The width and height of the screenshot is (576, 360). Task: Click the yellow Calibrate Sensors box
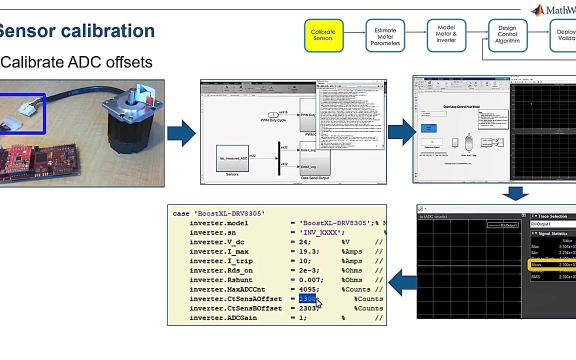coord(323,35)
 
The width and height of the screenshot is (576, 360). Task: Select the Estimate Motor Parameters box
coord(385,36)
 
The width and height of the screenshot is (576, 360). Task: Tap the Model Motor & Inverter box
coord(446,34)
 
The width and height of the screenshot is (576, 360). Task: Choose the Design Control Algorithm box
coord(507,35)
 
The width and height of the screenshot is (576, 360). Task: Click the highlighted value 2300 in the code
coord(307,299)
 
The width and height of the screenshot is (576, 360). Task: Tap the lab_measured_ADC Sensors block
coord(232,158)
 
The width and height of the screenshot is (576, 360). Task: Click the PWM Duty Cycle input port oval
coord(273,115)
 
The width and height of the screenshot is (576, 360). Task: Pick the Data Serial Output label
coord(314,178)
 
